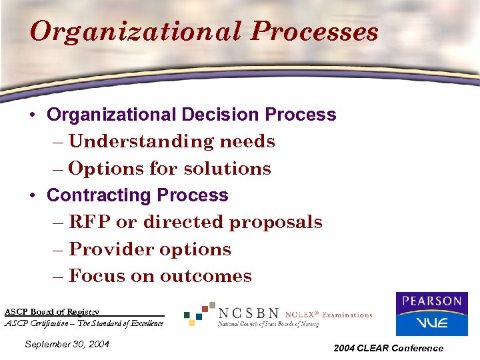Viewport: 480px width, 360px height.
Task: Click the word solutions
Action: click(x=227, y=169)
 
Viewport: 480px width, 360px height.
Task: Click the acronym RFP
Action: click(x=89, y=222)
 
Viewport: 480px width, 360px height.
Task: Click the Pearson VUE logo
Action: click(x=431, y=313)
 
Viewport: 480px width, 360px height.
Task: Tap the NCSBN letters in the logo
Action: click(x=249, y=312)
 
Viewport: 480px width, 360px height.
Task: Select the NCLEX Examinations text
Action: click(x=328, y=314)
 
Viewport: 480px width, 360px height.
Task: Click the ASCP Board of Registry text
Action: click(x=52, y=311)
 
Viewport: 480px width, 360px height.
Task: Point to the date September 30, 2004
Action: click(x=66, y=344)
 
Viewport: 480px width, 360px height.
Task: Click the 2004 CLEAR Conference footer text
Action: click(x=389, y=348)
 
